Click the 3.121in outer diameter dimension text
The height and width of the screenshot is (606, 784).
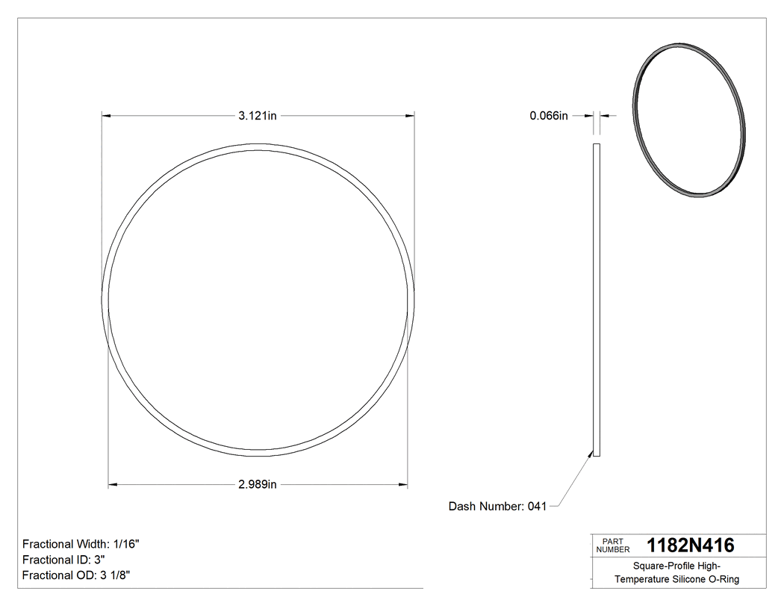[x=258, y=116]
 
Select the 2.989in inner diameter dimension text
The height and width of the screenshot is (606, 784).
[x=258, y=485]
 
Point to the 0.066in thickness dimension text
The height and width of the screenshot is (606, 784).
[x=549, y=116]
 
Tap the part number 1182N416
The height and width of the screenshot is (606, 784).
[x=690, y=545]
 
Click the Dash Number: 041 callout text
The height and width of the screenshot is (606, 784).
[x=497, y=507]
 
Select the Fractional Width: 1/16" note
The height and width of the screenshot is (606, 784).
[x=81, y=545]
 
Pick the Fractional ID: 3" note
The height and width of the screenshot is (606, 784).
[x=63, y=560]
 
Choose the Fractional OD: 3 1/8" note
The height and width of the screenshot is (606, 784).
[x=78, y=575]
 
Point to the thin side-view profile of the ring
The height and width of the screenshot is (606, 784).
[x=596, y=299]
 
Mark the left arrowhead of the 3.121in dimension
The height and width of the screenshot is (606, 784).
[x=105, y=116]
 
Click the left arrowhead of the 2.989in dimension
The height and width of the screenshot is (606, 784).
[x=113, y=485]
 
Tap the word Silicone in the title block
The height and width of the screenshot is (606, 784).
[x=688, y=580]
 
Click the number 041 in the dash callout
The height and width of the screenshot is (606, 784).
[x=537, y=507]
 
